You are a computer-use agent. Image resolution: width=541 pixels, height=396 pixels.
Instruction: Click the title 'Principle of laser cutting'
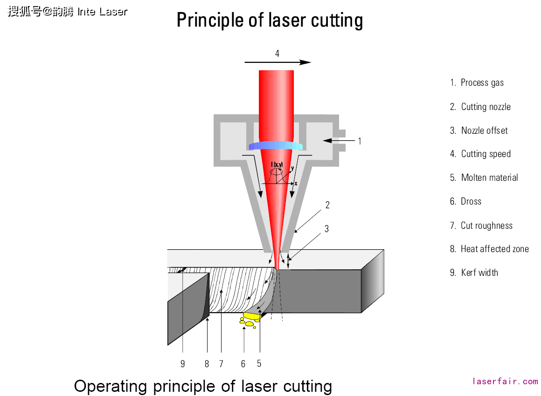[x=270, y=20]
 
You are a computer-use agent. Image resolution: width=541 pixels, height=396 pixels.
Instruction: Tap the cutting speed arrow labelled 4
[x=277, y=62]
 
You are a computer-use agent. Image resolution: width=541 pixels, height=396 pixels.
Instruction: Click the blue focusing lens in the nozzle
[x=276, y=146]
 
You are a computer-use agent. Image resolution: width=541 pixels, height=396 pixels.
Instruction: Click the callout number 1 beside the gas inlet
[x=360, y=141]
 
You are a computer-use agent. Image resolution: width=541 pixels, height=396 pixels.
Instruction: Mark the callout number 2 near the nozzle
[x=327, y=205]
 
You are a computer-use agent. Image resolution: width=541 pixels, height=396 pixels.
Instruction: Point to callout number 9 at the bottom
[x=183, y=364]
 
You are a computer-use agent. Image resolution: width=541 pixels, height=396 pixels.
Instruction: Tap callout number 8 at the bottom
[x=207, y=364]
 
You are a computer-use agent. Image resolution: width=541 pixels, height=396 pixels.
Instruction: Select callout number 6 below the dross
[x=243, y=364]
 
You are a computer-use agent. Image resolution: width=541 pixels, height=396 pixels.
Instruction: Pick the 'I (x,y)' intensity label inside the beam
[x=277, y=164]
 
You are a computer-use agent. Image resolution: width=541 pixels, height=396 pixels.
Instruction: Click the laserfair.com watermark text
[x=505, y=381]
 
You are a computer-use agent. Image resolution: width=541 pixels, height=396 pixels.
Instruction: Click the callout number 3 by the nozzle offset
[x=327, y=229]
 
